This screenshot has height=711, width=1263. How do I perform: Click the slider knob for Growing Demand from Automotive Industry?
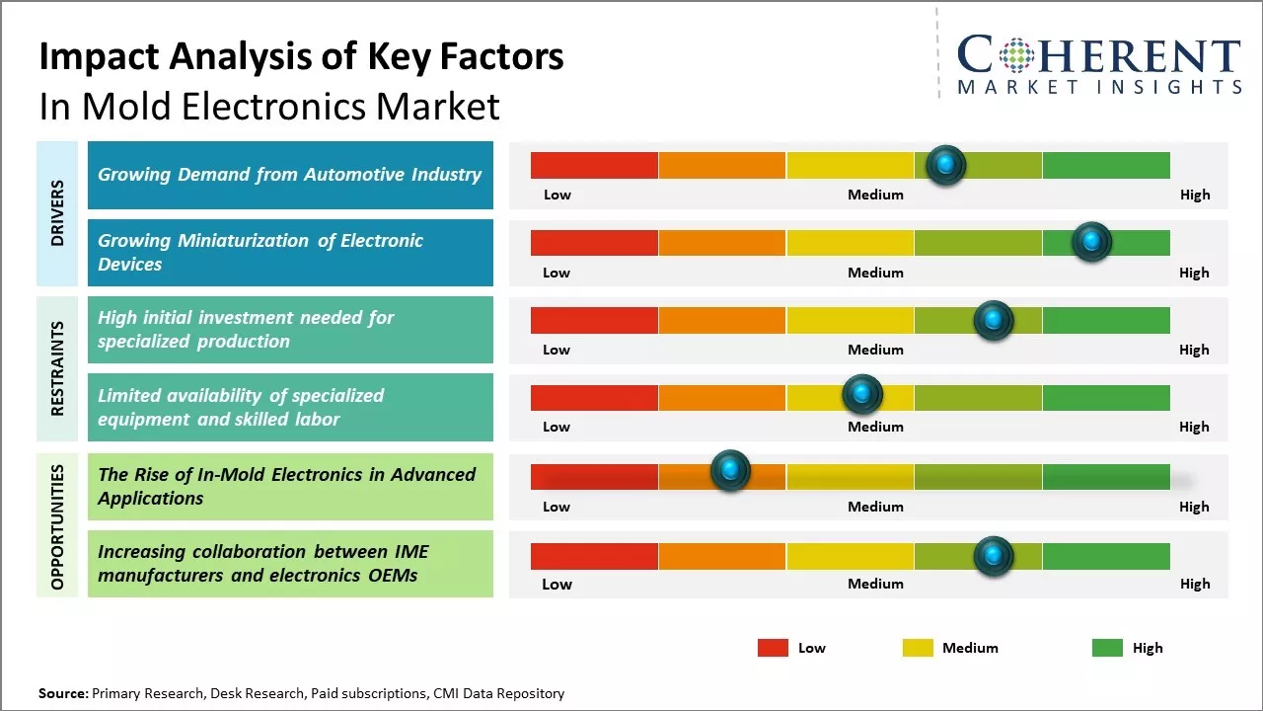coord(946,165)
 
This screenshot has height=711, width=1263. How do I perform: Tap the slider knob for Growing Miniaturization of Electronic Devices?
coord(1091,242)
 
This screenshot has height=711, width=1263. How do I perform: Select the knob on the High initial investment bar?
coord(994,320)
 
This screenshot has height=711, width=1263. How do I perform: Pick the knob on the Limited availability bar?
coord(862,395)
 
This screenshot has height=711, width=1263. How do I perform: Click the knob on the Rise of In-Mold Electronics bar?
coord(730,471)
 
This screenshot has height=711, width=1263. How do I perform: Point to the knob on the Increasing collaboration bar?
coord(994,556)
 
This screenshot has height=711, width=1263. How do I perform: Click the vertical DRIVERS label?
coord(57,213)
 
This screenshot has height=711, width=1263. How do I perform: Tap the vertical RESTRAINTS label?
coord(57,368)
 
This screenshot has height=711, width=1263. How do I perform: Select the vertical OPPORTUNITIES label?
coord(57,527)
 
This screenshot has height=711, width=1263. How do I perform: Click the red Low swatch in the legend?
coord(773,648)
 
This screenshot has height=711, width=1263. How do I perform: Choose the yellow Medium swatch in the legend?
coord(918,648)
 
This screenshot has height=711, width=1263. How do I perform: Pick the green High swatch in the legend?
coord(1107,648)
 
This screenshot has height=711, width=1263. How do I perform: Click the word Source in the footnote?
coord(62,693)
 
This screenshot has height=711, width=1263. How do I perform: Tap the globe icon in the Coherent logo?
coord(1015,55)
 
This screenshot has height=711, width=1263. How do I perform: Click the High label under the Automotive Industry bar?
coord(1194,195)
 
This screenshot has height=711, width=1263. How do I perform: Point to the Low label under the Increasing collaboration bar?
coord(557,584)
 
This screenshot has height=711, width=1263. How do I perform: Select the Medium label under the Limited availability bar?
coord(875,427)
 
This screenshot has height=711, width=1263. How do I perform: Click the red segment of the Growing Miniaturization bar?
coord(594,242)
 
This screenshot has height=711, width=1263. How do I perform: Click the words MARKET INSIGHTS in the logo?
coord(1099,87)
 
